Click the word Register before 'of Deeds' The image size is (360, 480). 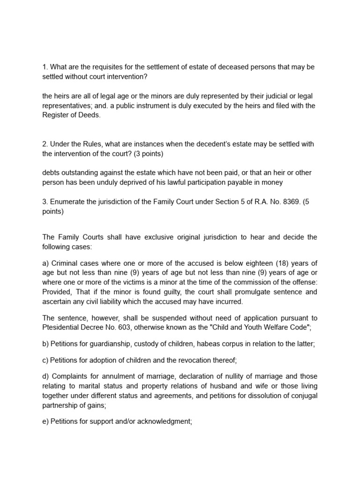click(x=55, y=114)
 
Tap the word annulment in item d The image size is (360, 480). click(x=112, y=377)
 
